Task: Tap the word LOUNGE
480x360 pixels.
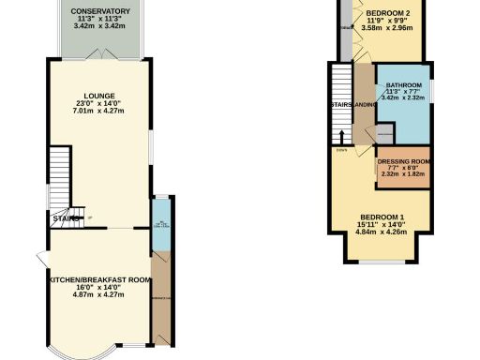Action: point(98,95)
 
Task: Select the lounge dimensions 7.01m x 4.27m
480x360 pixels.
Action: point(98,111)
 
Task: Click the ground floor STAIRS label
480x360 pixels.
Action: point(64,219)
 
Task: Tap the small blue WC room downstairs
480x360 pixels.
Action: point(159,225)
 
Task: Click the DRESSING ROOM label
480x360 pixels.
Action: point(403,161)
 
